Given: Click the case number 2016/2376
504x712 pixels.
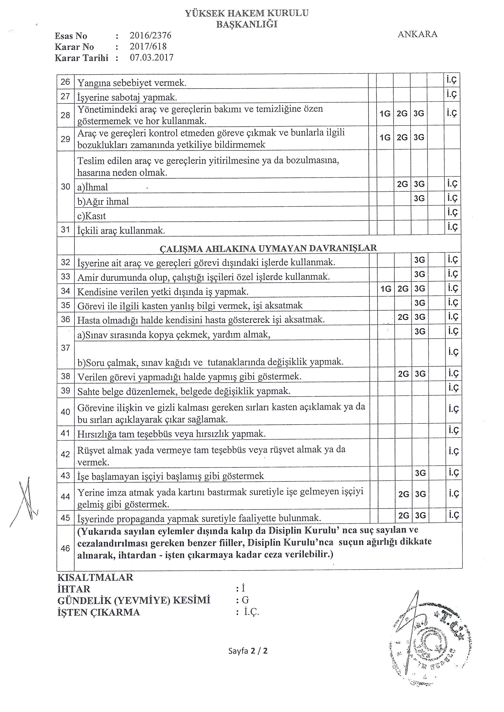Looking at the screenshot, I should pyautogui.click(x=151, y=36).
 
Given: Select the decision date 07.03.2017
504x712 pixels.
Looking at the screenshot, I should pyautogui.click(x=151, y=58).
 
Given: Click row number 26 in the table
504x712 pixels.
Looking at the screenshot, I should pyautogui.click(x=65, y=82).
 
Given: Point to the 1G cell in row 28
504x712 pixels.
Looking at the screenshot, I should pyautogui.click(x=385, y=114).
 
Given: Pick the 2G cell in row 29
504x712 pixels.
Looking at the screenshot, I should pyautogui.click(x=402, y=137).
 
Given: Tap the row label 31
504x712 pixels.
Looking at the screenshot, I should pyautogui.click(x=65, y=229).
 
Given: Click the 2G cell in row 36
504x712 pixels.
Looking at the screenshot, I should pyautogui.click(x=403, y=317).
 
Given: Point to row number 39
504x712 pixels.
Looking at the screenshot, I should pyautogui.click(x=65, y=390).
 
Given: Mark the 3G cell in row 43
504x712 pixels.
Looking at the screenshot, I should pyautogui.click(x=420, y=473).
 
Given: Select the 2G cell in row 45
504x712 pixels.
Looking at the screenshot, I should pyautogui.click(x=403, y=515).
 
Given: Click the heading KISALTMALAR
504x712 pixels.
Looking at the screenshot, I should pyautogui.click(x=95, y=577).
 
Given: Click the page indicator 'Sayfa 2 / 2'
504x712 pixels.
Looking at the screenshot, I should pyautogui.click(x=248, y=651).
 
